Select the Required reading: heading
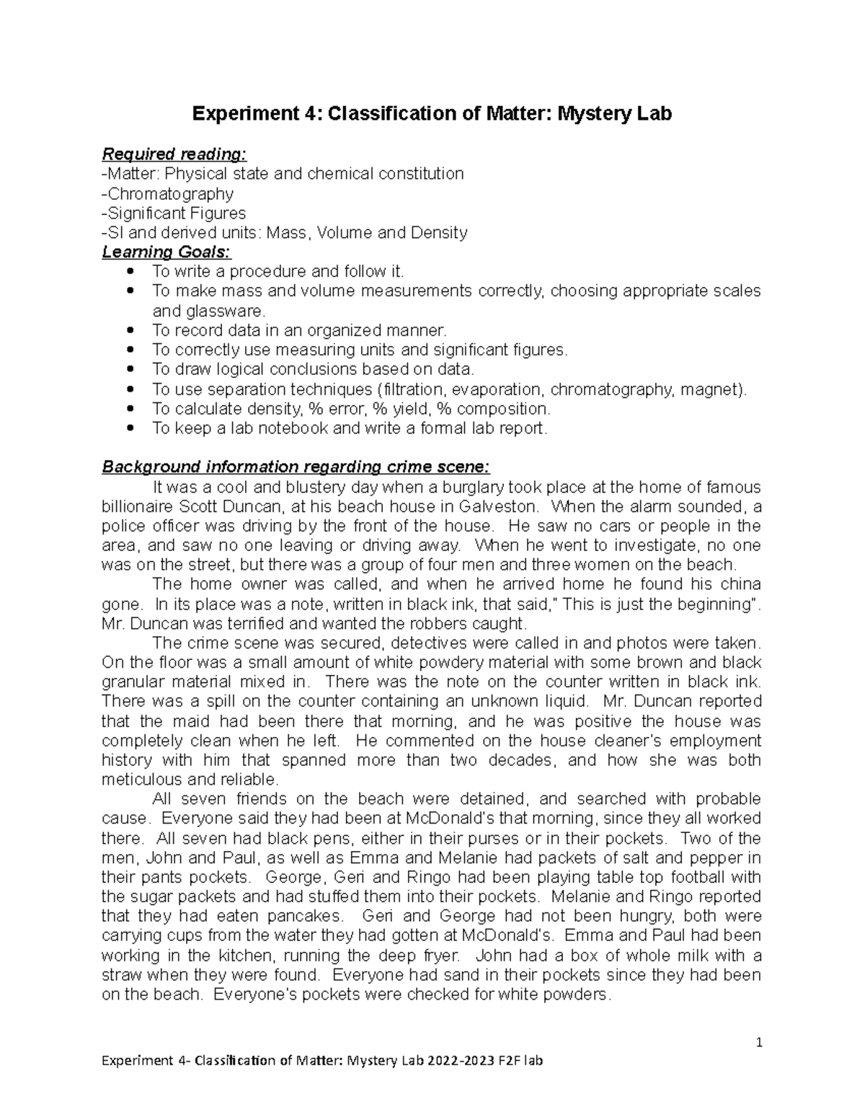[x=174, y=154]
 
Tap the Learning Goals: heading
[x=167, y=252]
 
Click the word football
[x=715, y=878]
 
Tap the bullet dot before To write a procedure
[x=130, y=272]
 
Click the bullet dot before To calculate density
[x=130, y=410]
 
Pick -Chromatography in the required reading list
[x=168, y=194]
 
